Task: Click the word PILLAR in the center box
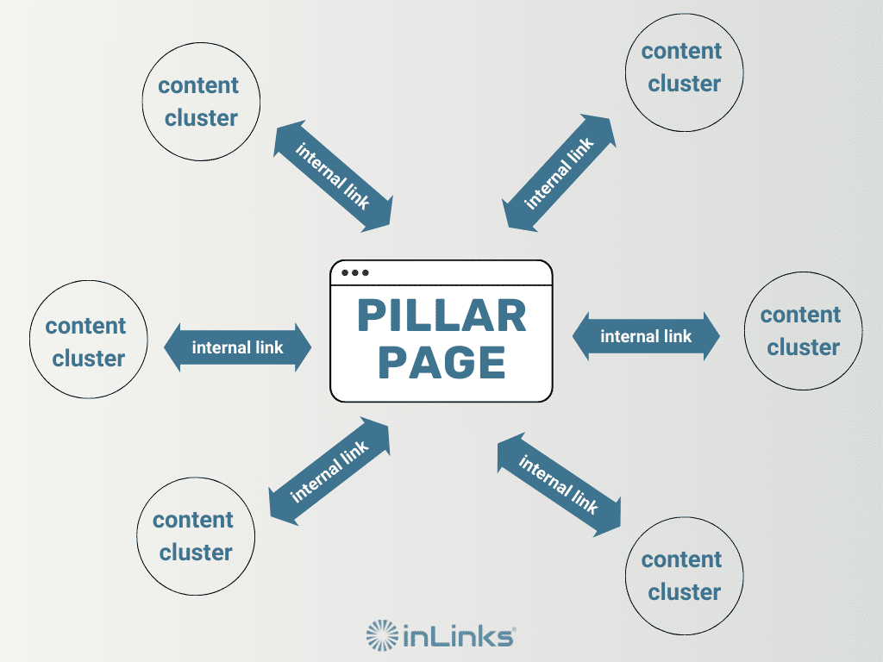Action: [441, 316]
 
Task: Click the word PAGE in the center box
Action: [441, 363]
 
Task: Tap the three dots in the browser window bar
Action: [354, 272]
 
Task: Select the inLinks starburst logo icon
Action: [382, 636]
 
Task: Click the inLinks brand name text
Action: [460, 637]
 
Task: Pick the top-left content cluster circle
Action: [201, 102]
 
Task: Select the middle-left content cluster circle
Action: [88, 342]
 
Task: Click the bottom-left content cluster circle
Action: [196, 536]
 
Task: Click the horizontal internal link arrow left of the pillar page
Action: [237, 348]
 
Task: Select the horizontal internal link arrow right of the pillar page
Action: [646, 336]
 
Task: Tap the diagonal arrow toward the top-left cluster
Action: [333, 177]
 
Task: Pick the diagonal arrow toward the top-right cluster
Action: [560, 173]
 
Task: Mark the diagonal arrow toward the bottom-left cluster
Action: [329, 471]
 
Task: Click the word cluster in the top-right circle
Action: [684, 84]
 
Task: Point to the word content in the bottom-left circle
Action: [193, 521]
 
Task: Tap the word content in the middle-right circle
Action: [801, 315]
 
